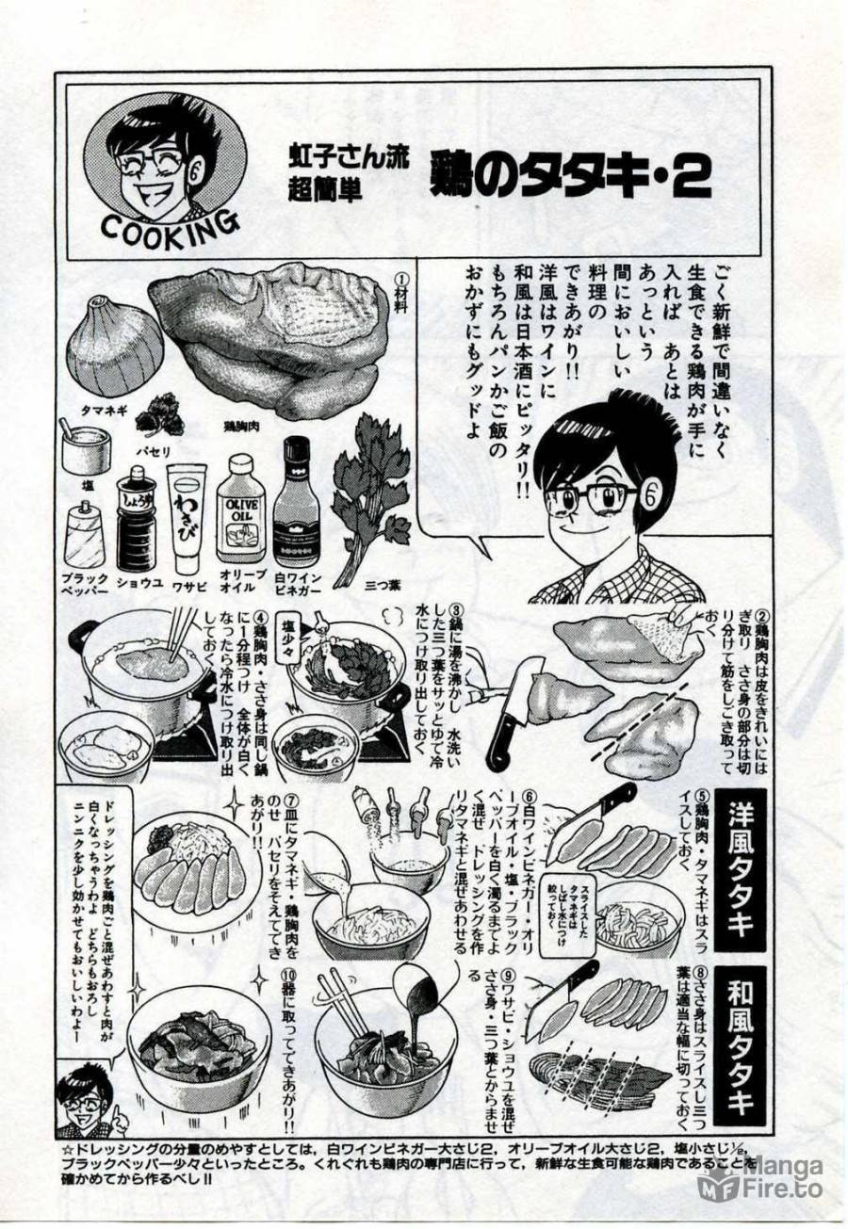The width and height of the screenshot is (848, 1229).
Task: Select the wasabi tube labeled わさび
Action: pyautogui.click(x=186, y=517)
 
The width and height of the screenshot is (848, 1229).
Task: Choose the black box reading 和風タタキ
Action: pyautogui.click(x=739, y=1044)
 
